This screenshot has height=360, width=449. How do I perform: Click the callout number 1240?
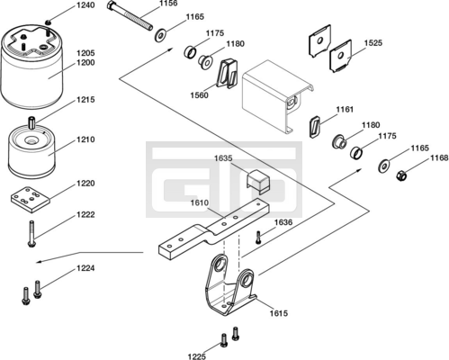85,5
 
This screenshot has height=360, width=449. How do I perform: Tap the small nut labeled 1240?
48,22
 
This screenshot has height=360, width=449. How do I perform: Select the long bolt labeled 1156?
130,15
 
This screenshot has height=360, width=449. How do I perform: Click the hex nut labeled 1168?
401,175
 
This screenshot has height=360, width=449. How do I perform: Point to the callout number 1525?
373,43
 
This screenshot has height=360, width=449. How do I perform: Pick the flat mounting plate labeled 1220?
30,200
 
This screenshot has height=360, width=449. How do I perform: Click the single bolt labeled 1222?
31,234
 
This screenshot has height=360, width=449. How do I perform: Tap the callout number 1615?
279,313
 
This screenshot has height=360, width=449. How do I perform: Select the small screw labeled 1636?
258,237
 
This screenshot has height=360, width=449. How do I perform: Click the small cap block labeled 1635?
258,182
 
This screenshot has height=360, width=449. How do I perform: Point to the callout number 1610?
200,203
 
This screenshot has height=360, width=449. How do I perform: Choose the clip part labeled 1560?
227,74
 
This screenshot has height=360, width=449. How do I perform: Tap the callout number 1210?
85,139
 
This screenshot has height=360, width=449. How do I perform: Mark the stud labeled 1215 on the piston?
31,123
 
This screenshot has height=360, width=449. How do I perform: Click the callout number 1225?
197,356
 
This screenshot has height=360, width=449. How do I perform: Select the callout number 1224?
85,268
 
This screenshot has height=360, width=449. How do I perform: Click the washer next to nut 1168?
383,166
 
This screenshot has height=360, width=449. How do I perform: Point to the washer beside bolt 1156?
160,35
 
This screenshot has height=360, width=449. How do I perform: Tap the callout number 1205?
85,53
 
